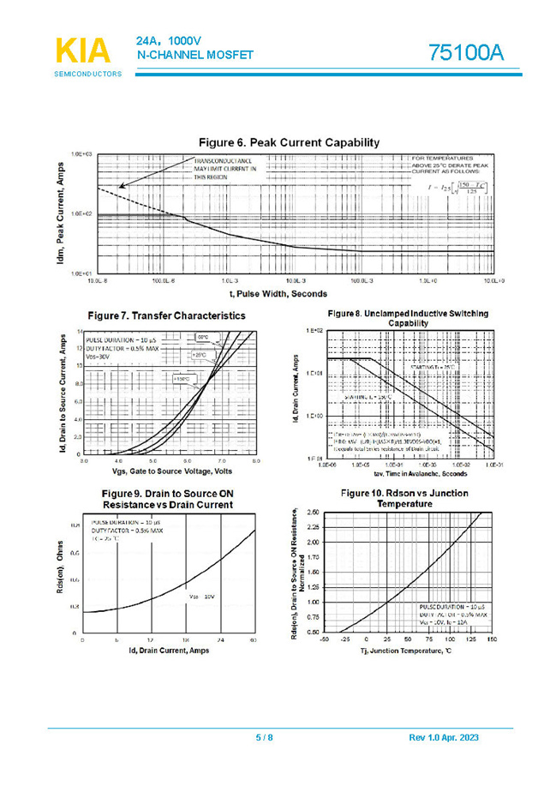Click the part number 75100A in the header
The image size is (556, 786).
click(x=466, y=52)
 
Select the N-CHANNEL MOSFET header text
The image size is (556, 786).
click(x=194, y=56)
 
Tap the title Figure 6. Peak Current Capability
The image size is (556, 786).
click(x=289, y=142)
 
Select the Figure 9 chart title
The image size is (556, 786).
click(x=166, y=499)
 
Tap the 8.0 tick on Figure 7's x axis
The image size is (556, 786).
click(x=256, y=461)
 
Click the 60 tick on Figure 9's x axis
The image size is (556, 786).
click(x=253, y=640)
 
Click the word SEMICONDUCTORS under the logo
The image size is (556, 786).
click(x=88, y=75)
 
